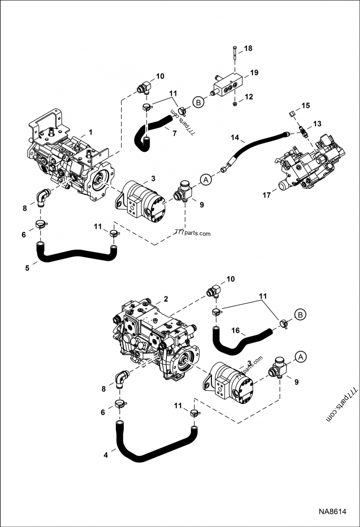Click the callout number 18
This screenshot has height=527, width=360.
coord(248,48)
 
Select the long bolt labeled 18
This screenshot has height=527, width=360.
coord(235,56)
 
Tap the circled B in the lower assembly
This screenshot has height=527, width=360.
coord(300,314)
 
